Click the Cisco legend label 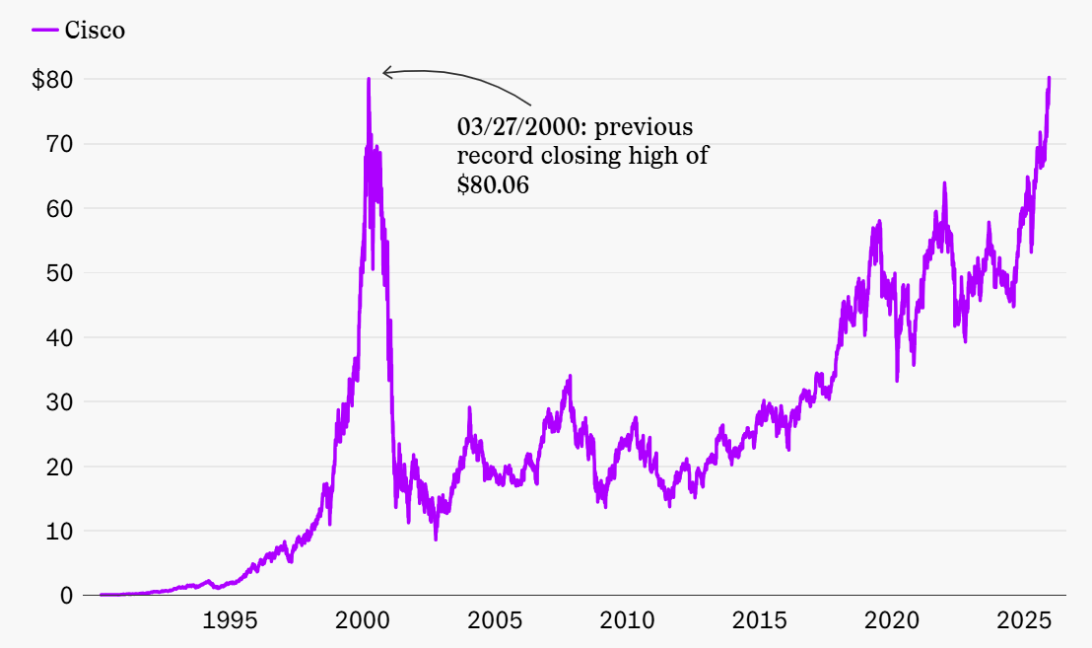95,31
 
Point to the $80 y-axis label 52,80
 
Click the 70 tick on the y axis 59,144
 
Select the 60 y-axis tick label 59,209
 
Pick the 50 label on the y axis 59,273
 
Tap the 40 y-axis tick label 59,337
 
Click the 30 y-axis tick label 59,402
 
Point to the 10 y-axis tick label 59,532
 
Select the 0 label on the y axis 66,596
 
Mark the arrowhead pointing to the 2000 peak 386,72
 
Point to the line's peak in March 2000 369,79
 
